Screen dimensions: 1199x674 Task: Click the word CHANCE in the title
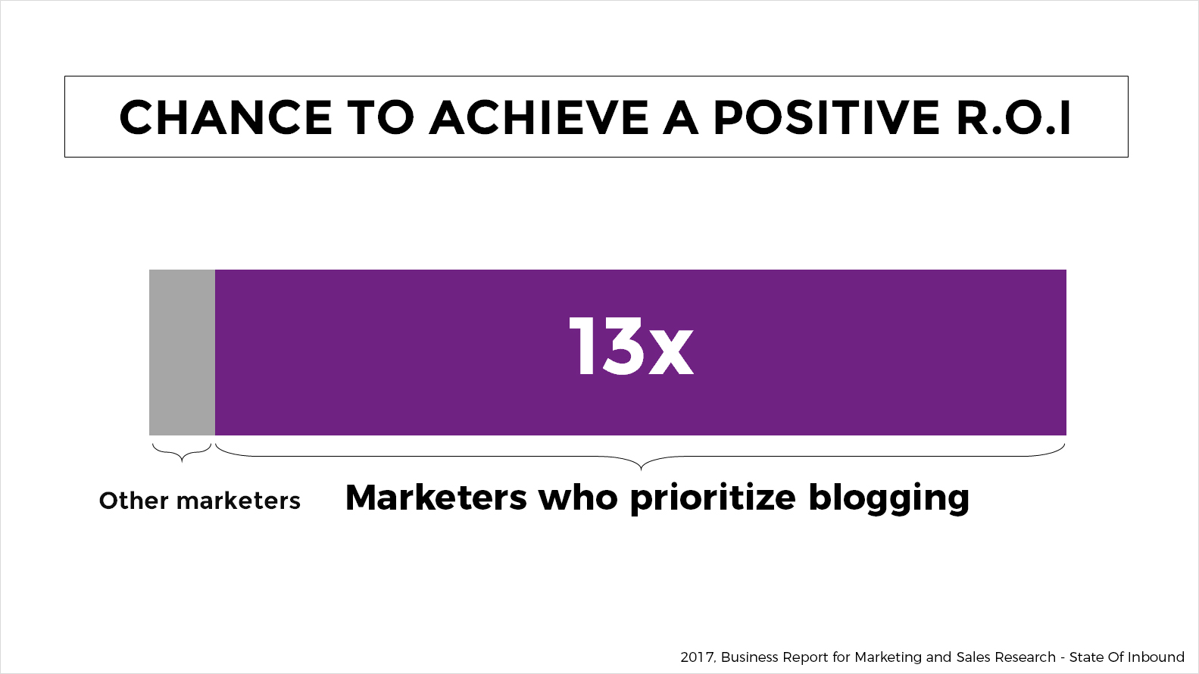click(226, 117)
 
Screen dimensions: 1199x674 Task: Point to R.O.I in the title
click(1013, 117)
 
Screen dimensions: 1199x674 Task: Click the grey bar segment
click(182, 352)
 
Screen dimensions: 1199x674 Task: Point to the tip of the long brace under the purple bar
click(641, 470)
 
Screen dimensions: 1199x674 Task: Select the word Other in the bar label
click(134, 501)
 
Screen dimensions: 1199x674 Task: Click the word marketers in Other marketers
click(238, 501)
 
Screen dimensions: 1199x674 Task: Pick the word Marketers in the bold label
click(436, 498)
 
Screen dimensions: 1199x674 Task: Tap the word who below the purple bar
click(578, 498)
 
